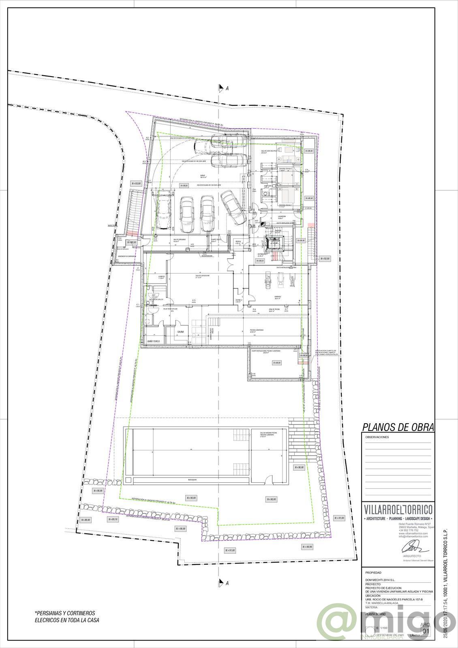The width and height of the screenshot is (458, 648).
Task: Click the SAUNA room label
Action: click(x=181, y=332)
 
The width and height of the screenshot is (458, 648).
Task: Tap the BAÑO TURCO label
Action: click(x=154, y=342)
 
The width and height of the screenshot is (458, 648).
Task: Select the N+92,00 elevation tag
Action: click(x=325, y=258)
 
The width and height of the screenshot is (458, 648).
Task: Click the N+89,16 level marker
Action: click(x=113, y=519)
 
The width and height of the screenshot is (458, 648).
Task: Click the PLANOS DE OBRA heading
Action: click(x=397, y=427)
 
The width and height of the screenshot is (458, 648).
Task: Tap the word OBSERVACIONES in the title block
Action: click(x=377, y=437)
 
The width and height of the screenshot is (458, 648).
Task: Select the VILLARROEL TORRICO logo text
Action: click(x=398, y=509)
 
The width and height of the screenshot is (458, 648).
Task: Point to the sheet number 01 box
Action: click(x=425, y=631)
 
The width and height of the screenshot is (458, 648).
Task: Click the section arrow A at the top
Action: click(x=221, y=88)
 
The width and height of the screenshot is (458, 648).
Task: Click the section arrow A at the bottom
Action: click(x=221, y=583)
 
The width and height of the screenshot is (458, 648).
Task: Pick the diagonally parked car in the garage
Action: click(x=233, y=208)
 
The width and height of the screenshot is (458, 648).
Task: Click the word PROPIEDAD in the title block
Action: click(x=373, y=573)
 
